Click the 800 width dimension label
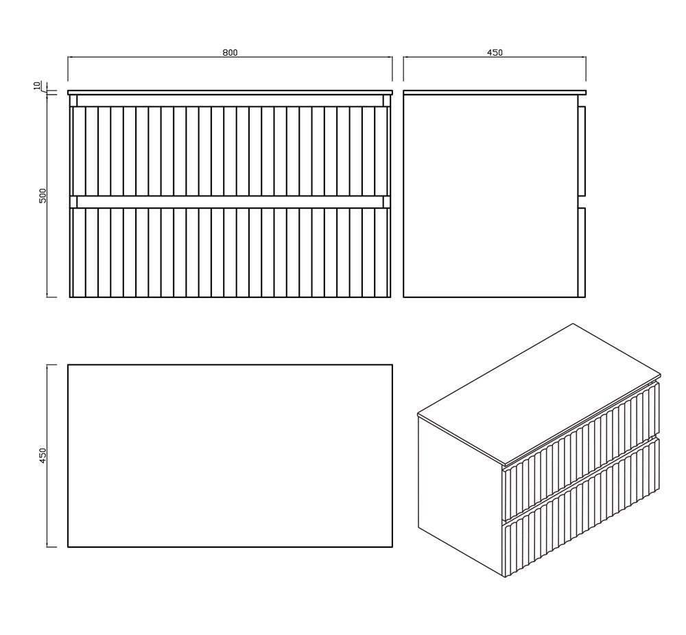point(230,53)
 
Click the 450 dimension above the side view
point(495,53)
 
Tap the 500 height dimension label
point(43,196)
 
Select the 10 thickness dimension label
point(37,85)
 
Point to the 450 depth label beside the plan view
point(43,456)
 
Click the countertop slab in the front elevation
point(230,93)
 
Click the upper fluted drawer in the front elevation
point(230,150)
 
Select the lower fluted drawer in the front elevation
point(230,252)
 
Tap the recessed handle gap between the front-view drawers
point(230,201)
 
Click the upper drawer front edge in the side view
point(582,150)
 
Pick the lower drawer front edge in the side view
point(582,252)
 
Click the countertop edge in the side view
point(495,93)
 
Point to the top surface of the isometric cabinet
point(539,393)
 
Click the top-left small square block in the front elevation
point(73,100)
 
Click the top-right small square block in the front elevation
point(387,100)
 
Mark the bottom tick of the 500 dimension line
point(51,297)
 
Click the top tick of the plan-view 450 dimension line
point(51,365)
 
